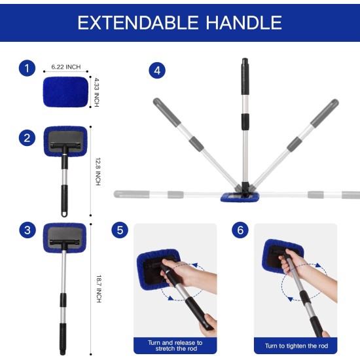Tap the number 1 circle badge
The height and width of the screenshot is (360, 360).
coord(27,69)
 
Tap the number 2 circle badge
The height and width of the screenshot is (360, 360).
coord(27,137)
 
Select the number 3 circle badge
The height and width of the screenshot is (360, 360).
coord(27,230)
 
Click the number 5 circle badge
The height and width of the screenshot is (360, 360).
coord(118,230)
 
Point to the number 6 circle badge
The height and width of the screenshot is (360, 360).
coord(241,230)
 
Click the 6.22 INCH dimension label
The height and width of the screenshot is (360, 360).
coord(65,66)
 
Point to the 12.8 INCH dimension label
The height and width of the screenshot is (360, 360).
coord(97,171)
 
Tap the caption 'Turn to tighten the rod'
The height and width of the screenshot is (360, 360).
coord(296,346)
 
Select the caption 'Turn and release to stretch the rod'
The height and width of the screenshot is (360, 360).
coord(175,345)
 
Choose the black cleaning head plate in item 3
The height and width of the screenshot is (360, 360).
coord(65,234)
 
